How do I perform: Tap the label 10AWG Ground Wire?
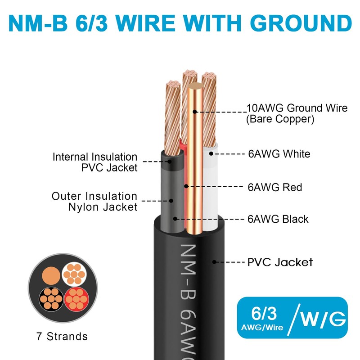[x=297, y=108]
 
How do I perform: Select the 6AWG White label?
[x=279, y=154]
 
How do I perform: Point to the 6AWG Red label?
[x=275, y=187]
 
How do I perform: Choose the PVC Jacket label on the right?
[x=280, y=262]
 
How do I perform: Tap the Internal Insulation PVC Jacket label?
[x=95, y=162]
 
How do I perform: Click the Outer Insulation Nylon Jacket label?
[x=94, y=202]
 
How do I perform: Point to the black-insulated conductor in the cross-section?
[x=50, y=297]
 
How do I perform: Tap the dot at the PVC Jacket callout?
[x=215, y=261]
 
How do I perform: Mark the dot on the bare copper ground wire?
[x=194, y=112]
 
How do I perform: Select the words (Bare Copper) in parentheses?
[x=280, y=119]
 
